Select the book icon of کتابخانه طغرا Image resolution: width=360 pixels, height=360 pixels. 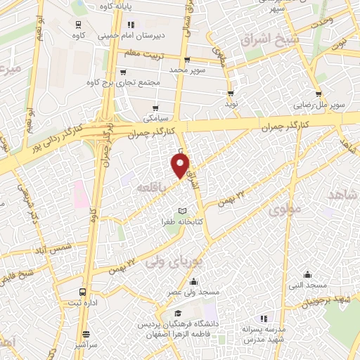click(183, 211)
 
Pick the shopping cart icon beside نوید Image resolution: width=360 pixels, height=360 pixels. click(231, 93)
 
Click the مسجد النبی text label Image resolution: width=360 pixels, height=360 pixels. click(307, 285)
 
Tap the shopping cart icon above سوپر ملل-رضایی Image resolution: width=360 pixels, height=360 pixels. click(319, 94)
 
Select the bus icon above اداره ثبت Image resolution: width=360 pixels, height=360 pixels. click(84, 291)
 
